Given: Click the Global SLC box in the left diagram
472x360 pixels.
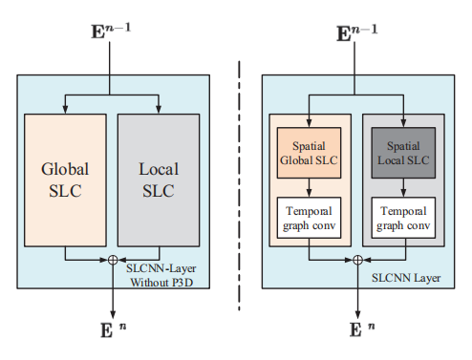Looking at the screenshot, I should click(65, 180).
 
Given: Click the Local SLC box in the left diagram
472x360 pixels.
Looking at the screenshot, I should click(158, 180).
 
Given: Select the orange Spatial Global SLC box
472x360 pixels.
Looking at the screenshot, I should click(309, 154).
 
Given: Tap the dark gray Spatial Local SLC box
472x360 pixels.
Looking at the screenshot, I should click(402, 154).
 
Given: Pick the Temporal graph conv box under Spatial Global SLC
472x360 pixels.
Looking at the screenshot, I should click(309, 219).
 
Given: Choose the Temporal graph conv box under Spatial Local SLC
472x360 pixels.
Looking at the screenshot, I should click(402, 219).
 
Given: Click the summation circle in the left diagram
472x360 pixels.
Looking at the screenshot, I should click(113, 259).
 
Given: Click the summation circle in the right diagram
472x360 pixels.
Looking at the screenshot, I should click(356, 259).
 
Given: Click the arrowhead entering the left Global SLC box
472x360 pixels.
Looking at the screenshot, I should click(65, 108).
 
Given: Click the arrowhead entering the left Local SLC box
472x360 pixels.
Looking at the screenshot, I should click(158, 108).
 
